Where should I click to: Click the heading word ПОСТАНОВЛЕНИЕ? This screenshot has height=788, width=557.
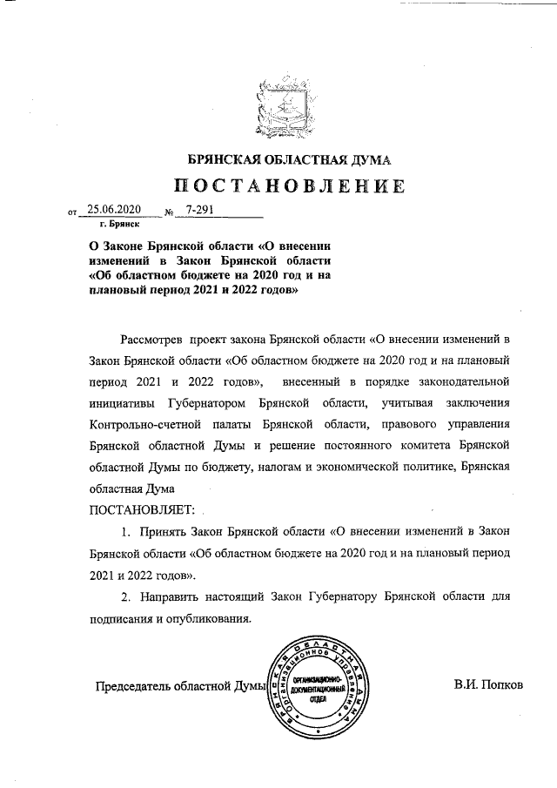290,185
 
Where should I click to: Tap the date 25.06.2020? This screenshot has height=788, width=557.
114,210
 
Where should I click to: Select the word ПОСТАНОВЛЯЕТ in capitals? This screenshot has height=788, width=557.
140,509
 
